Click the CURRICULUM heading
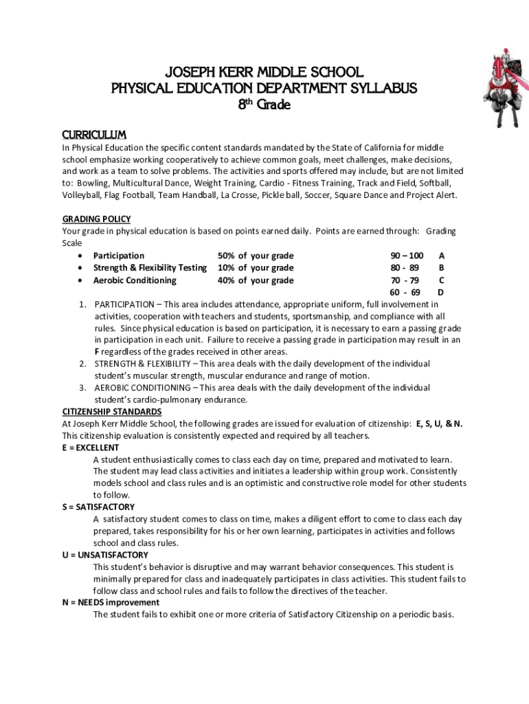click(94, 134)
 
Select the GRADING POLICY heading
click(96, 219)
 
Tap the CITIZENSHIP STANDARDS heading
click(112, 412)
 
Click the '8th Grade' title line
click(264, 105)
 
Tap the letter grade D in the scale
click(441, 293)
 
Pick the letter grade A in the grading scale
click(441, 256)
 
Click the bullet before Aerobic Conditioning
click(82, 280)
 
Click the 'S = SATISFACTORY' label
click(98, 507)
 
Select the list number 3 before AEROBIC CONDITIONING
click(82, 388)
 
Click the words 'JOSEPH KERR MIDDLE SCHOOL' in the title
click(264, 73)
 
